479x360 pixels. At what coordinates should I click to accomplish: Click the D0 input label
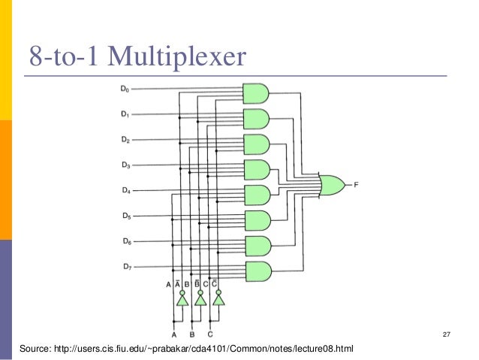pyautogui.click(x=125, y=90)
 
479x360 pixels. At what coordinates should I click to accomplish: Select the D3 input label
pyautogui.click(x=125, y=165)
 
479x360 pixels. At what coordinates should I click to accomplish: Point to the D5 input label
pyautogui.click(x=125, y=216)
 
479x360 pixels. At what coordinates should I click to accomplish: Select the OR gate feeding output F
pyautogui.click(x=332, y=184)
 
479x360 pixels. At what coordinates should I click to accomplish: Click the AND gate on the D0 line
pyautogui.click(x=257, y=93)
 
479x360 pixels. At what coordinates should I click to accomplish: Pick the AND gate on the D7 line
pyautogui.click(x=257, y=271)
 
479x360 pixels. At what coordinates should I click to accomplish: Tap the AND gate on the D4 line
pyautogui.click(x=257, y=195)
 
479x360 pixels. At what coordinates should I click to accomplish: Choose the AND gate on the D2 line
pyautogui.click(x=257, y=144)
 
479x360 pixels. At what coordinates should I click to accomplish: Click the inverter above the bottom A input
pyautogui.click(x=182, y=299)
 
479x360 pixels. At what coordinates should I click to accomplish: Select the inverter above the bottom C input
pyautogui.click(x=218, y=299)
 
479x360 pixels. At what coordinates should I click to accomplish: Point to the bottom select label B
pyautogui.click(x=191, y=334)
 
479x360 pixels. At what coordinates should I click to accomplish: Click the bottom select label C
pyautogui.click(x=210, y=334)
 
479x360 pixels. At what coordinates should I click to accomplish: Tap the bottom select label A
pyautogui.click(x=174, y=334)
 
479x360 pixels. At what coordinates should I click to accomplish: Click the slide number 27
pyautogui.click(x=447, y=334)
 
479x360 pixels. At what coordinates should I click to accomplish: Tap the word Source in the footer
pyautogui.click(x=34, y=349)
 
